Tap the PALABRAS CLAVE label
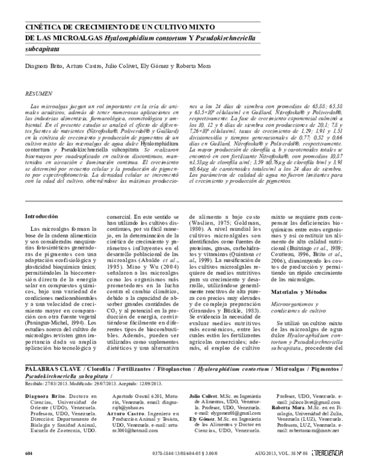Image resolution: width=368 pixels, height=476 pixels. (x=48, y=370)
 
